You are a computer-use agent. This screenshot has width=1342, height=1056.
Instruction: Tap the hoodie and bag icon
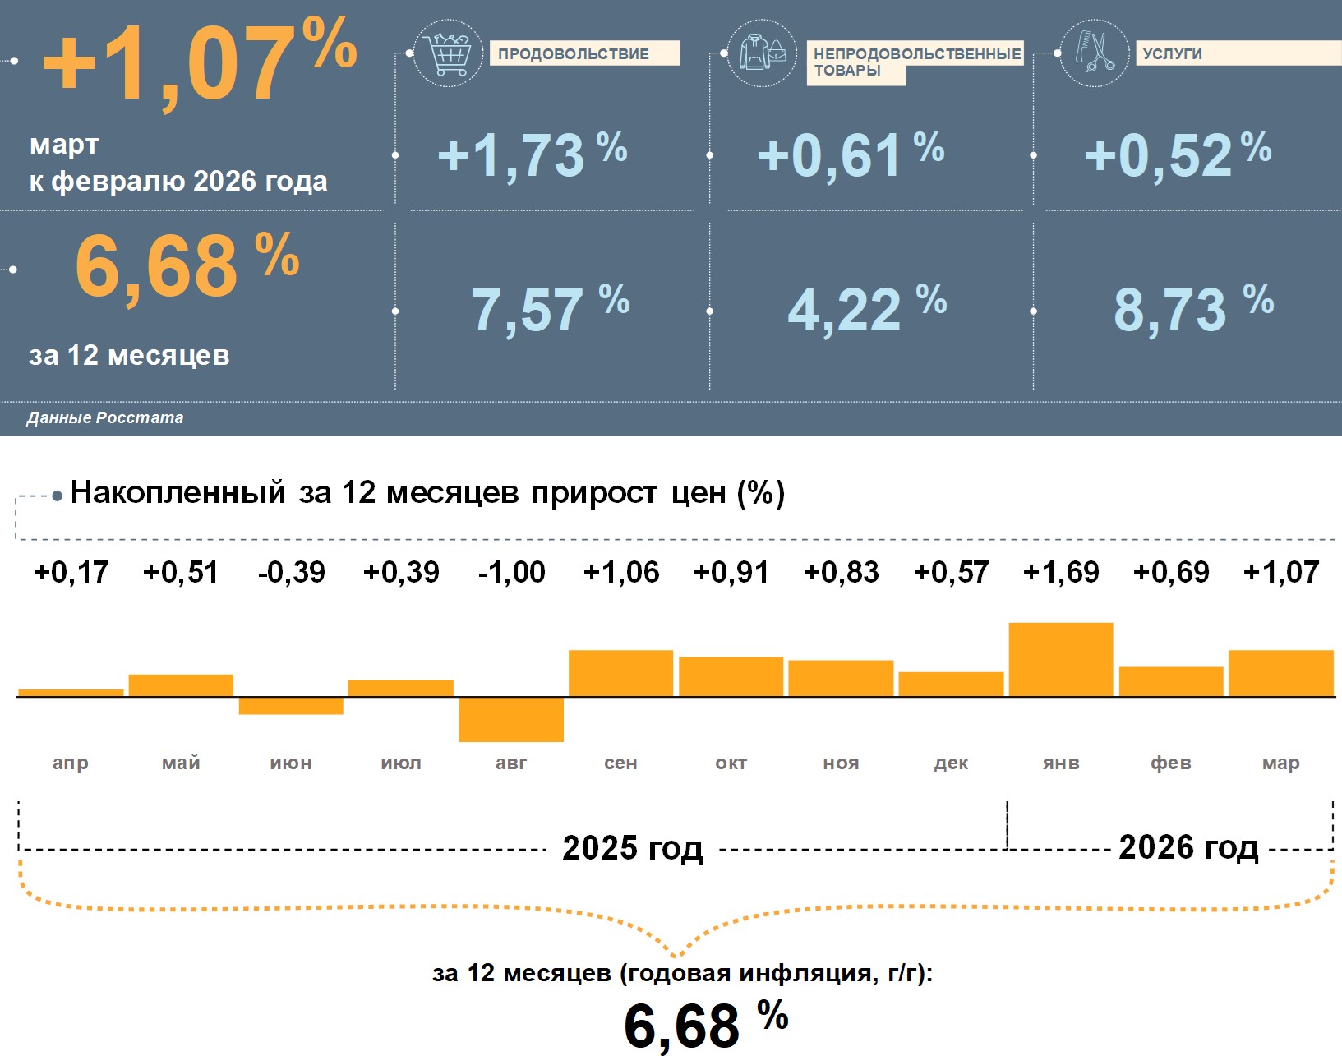(762, 54)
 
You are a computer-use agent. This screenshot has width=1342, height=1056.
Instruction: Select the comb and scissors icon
(1095, 53)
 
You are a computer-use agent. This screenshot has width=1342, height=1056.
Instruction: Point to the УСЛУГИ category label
(1173, 53)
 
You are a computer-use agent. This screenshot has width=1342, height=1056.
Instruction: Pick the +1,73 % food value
(532, 154)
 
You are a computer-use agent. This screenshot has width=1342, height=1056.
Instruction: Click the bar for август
(511, 719)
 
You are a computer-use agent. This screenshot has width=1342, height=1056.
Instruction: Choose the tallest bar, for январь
(1061, 660)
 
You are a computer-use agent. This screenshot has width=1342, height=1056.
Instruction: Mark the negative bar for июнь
(291, 706)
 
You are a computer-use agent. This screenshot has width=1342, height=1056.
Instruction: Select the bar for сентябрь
(620, 673)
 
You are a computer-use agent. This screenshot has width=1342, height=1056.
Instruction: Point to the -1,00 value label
(511, 572)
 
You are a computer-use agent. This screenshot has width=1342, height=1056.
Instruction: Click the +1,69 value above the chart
(1061, 572)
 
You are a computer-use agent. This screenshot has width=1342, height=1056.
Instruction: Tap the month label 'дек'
(951, 763)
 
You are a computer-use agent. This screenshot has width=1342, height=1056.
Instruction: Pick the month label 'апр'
(71, 763)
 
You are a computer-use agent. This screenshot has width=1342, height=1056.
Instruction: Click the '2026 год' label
(1188, 847)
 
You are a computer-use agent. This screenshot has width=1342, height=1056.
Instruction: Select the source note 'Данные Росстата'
(105, 417)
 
